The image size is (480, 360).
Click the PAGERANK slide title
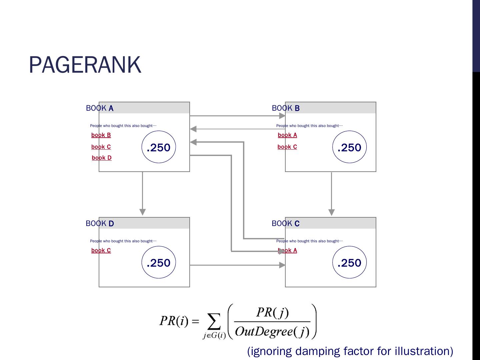[x=85, y=65]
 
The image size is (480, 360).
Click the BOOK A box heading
[x=100, y=108]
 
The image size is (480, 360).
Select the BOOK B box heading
[x=286, y=108]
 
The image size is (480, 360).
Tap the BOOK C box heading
[x=286, y=224]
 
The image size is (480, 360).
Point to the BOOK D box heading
[x=100, y=224]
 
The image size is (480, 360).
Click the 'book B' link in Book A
[x=101, y=135]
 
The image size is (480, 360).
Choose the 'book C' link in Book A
[x=101, y=147]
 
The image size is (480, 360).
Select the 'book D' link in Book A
[x=102, y=158]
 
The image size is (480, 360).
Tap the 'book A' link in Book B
[x=287, y=135]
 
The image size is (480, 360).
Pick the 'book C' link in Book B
[x=287, y=147]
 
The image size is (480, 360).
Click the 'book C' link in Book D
[x=101, y=250]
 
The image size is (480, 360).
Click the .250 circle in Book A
[x=159, y=147]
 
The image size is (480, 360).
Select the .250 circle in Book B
[x=349, y=147]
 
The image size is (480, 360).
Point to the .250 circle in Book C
[x=349, y=262]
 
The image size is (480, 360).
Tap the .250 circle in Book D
[x=159, y=262]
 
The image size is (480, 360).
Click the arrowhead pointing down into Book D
[x=143, y=212]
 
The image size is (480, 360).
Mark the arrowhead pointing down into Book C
[x=331, y=212]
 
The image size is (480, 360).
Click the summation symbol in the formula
[x=214, y=322]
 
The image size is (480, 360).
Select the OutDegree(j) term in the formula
[x=272, y=331]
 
